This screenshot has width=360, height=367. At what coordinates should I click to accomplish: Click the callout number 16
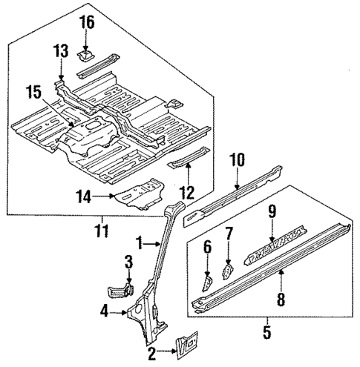pos(88,22)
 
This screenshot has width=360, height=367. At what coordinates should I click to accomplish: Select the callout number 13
pos(61,50)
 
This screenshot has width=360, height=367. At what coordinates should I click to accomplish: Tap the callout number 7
pos(229,234)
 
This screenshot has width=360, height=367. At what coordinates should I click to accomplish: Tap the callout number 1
pos(139,242)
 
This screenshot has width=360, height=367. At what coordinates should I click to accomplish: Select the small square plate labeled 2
pos(186,343)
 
